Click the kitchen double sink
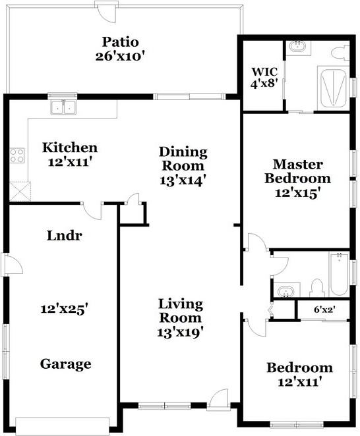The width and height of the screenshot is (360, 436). pyautogui.click(x=63, y=107)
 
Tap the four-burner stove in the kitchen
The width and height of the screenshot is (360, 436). pyautogui.click(x=17, y=156)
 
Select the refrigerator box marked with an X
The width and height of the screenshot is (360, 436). pyautogui.click(x=20, y=191)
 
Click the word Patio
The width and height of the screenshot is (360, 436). pyautogui.click(x=119, y=40)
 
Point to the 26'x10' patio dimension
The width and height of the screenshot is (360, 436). pyautogui.click(x=119, y=55)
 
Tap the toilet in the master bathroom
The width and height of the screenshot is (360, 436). pyautogui.click(x=340, y=52)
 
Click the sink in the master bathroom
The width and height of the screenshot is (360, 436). pyautogui.click(x=298, y=47)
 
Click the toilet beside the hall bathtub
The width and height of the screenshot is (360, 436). pyautogui.click(x=316, y=288)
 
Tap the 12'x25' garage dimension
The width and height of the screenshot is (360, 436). pyautogui.click(x=64, y=308)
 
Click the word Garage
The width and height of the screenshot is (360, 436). pyautogui.click(x=65, y=364)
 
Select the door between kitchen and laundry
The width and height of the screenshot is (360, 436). pyautogui.click(x=92, y=210)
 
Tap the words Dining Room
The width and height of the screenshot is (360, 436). pyautogui.click(x=183, y=159)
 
